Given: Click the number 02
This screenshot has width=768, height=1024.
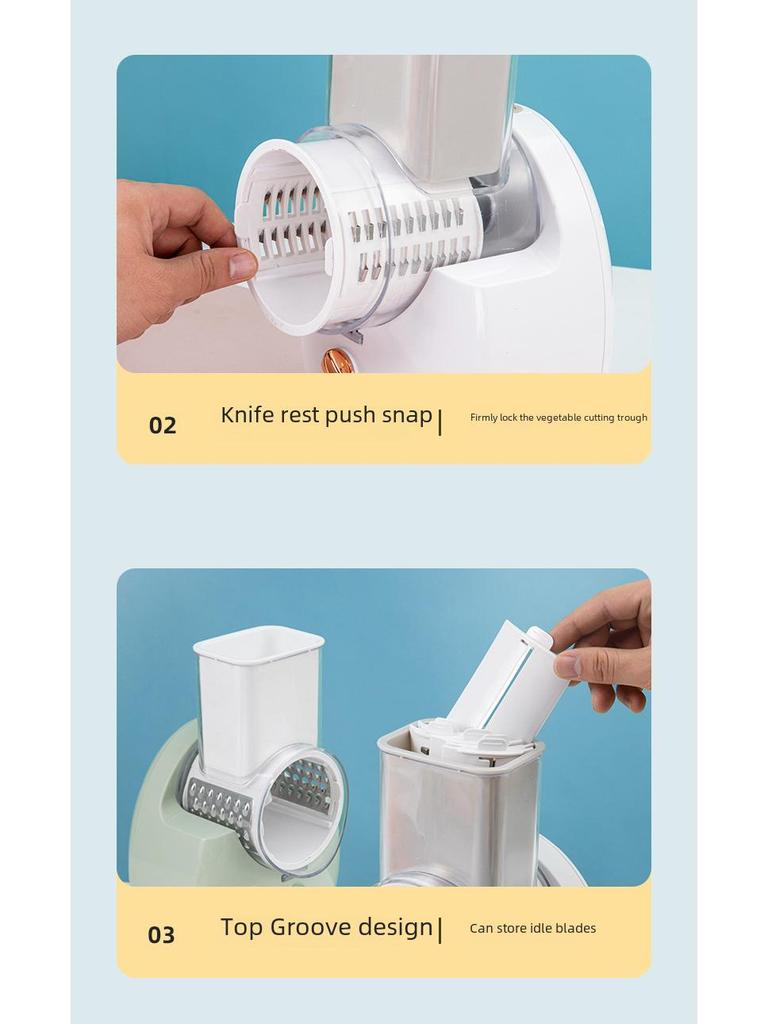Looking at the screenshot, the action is [163, 425].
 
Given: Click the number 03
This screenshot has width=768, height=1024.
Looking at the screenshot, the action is [161, 935].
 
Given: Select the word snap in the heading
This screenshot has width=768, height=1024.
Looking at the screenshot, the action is [407, 416].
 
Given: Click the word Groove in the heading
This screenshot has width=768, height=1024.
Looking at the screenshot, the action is [310, 927].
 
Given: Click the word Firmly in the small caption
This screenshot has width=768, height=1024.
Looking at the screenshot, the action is [484, 418].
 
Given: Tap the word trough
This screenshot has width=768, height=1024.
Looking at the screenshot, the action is [632, 418].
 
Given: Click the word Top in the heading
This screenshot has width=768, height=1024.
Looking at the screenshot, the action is [242, 927].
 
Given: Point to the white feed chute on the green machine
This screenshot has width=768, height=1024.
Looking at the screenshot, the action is [259, 696].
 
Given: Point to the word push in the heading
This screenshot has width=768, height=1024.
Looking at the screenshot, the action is [350, 416].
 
